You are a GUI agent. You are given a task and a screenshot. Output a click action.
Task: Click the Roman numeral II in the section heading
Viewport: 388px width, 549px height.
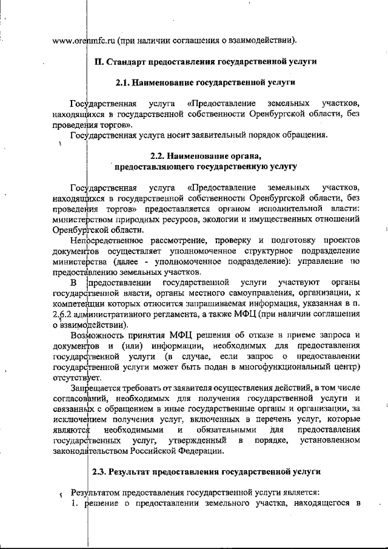pyautogui.click(x=100, y=61)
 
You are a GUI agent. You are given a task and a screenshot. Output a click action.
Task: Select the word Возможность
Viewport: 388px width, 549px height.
pyautogui.click(x=96, y=335)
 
